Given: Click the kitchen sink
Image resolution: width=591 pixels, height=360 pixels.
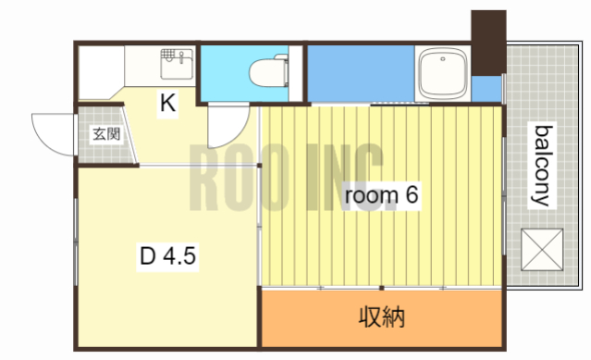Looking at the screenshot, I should (x=175, y=64).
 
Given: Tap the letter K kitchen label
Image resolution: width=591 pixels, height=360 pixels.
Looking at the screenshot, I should (x=167, y=104).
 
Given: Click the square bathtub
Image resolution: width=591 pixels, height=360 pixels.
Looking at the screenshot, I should (x=443, y=71).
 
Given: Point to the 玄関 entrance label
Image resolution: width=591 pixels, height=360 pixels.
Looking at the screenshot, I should (x=105, y=133).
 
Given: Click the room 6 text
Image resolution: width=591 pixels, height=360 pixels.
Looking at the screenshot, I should (x=383, y=195).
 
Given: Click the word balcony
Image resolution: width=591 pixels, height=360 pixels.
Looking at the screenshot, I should (x=541, y=165).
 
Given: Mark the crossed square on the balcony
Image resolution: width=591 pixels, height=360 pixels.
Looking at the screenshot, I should (x=542, y=248).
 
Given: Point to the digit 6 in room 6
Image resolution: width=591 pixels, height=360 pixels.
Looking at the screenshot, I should (x=413, y=195).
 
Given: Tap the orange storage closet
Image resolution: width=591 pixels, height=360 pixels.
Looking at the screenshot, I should (x=305, y=317).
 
